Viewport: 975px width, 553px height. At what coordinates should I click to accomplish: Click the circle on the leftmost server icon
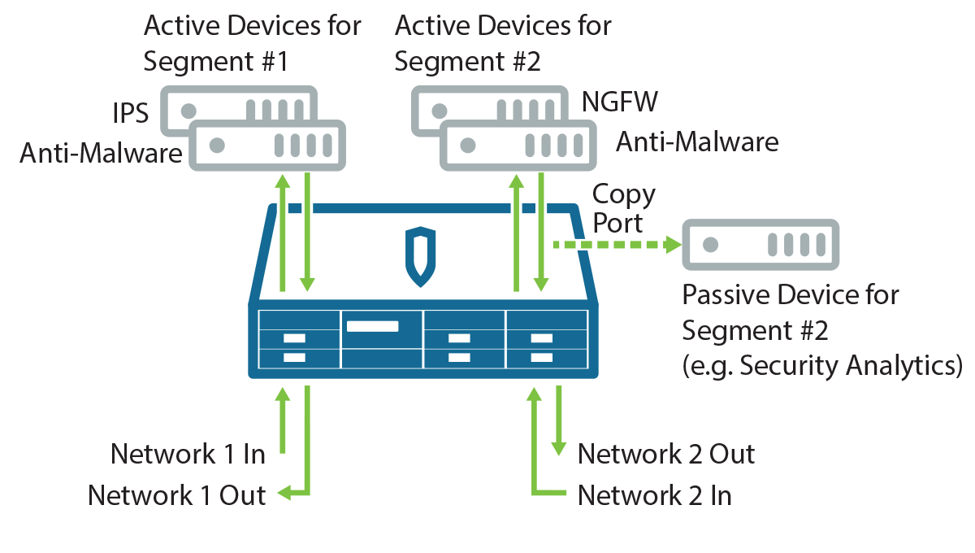point(217,146)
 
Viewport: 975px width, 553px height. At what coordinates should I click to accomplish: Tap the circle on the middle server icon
point(467,146)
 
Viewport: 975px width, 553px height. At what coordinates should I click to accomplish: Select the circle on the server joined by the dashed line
point(711,244)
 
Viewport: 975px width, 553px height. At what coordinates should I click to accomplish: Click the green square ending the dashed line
point(674,244)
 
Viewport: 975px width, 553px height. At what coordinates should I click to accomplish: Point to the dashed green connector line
point(609,244)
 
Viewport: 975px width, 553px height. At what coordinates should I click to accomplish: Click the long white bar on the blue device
point(372,326)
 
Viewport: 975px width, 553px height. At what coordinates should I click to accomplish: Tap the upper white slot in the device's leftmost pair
point(294,338)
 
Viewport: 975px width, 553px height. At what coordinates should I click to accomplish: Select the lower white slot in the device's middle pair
point(459,357)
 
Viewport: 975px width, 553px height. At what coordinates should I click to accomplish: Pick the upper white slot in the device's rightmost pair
point(541,338)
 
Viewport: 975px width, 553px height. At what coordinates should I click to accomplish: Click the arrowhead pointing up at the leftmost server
point(282,181)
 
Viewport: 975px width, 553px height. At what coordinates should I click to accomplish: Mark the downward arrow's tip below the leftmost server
point(307,284)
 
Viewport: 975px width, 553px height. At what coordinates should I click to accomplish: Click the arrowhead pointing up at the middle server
point(516,181)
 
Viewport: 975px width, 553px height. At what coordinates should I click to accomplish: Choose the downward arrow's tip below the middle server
point(541,284)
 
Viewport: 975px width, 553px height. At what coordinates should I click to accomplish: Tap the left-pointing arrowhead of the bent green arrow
point(281,492)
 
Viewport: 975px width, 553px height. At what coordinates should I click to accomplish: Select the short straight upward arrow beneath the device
point(282,419)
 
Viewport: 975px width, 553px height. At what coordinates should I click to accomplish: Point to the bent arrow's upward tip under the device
point(534,395)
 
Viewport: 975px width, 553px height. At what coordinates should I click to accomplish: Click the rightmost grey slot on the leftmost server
point(327,146)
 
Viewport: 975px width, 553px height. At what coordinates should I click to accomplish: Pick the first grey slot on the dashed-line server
point(773,244)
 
